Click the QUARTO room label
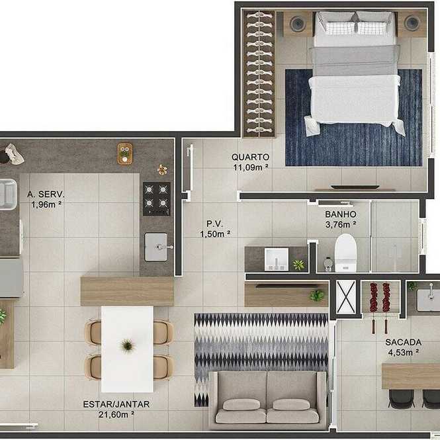point(250,157)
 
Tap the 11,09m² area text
point(251,167)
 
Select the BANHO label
point(341,214)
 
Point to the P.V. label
point(214,224)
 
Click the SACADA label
point(403,342)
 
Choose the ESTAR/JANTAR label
point(116,404)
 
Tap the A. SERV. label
point(46,194)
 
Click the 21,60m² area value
point(116,414)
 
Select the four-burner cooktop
point(156,198)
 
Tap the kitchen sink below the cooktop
point(156,247)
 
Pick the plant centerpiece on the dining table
point(128,345)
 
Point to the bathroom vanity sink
point(277,259)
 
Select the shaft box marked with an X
point(346,297)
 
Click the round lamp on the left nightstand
point(298,24)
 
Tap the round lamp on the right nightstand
point(412,23)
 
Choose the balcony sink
point(428,300)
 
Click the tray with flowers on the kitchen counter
point(125,154)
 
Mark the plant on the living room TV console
point(317,296)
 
